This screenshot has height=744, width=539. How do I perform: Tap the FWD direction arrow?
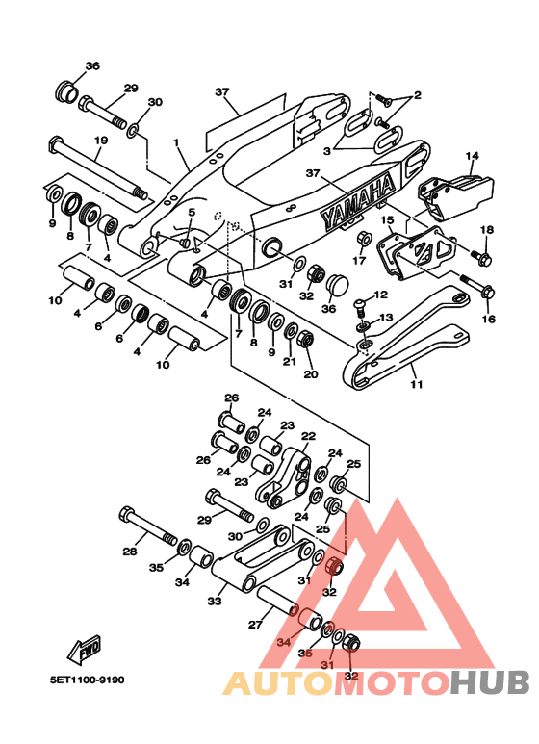85,649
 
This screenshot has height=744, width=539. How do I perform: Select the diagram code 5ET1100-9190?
88,680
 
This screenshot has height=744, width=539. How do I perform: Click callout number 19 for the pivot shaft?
101,141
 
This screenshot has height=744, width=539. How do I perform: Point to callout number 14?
472,156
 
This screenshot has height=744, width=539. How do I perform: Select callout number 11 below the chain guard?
416,384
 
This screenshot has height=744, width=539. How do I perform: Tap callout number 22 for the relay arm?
308,436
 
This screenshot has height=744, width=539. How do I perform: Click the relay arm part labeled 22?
284,476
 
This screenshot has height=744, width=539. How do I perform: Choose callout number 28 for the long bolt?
130,551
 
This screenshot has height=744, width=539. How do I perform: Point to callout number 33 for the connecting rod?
215,602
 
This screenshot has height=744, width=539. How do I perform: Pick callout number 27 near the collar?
255,625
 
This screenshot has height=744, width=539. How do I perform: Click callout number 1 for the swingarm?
176,142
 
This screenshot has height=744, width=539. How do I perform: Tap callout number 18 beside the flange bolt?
487,230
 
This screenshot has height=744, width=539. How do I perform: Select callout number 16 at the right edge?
488,319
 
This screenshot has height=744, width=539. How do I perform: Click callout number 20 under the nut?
311,374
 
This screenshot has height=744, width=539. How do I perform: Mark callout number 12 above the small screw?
380,295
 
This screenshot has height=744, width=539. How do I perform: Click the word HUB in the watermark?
490,682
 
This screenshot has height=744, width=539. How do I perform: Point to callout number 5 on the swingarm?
192,212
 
